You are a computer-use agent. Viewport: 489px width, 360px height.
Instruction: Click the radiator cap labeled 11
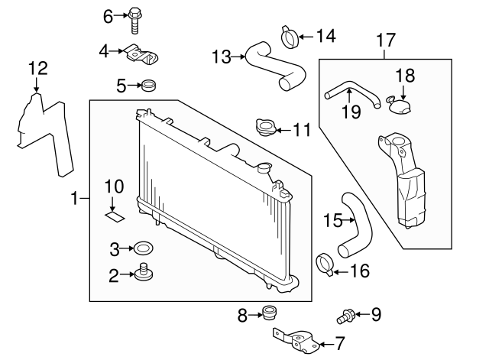[x=265, y=128]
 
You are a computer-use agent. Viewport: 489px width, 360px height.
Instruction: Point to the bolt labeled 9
[x=345, y=314]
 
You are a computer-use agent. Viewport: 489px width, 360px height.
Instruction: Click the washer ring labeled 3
[x=142, y=248]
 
